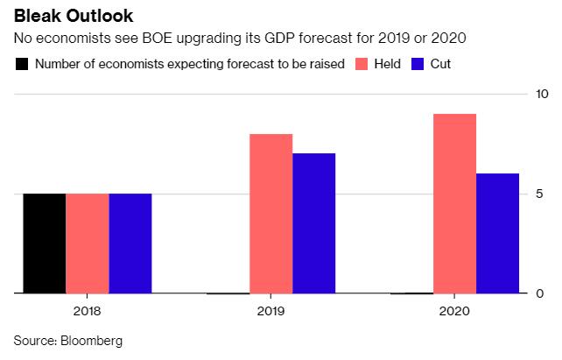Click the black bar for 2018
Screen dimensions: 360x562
point(45,243)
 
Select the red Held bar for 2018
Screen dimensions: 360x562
point(88,243)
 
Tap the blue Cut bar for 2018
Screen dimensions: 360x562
point(130,243)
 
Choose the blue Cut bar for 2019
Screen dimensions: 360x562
point(314,223)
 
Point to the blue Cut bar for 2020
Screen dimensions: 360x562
point(497,233)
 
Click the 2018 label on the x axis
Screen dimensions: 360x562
point(88,310)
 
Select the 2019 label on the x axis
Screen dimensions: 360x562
point(271,310)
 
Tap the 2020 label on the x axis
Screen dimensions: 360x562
point(454,310)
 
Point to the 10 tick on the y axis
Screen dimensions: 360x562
point(543,94)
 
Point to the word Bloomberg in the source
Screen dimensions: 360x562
point(94,339)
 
